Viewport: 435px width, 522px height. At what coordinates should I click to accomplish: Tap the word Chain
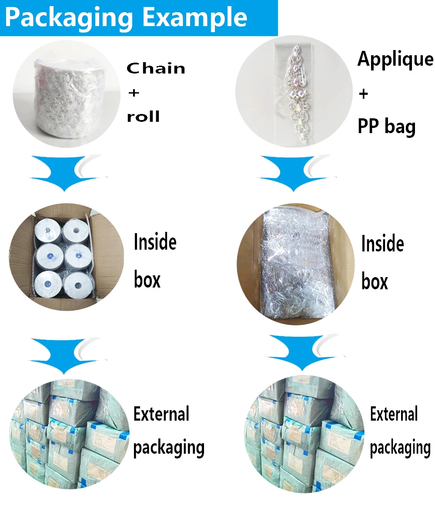point(156,68)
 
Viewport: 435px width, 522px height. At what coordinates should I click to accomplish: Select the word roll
point(143,117)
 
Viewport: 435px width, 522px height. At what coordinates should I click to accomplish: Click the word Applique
point(395,60)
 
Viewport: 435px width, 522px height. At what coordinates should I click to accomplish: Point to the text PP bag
point(386,126)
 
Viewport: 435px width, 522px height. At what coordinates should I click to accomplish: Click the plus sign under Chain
point(134,93)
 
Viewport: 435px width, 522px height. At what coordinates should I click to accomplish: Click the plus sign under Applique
point(363,94)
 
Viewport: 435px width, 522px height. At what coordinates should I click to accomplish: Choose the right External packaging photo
point(304,435)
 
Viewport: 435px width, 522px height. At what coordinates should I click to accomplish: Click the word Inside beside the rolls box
point(155,242)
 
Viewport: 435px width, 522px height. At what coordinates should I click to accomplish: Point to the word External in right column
point(394,414)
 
